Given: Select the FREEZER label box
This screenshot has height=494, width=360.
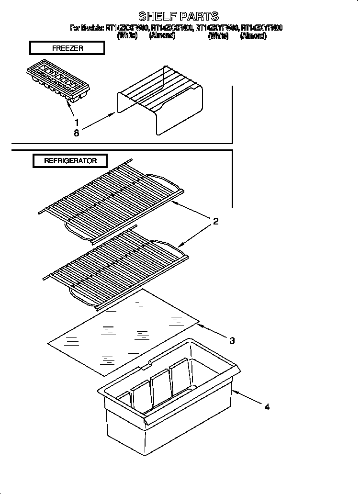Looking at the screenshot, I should (67, 48).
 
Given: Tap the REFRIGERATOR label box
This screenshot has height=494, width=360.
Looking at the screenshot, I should (70, 161).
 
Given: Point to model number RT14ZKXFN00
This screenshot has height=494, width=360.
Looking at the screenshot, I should (171, 28).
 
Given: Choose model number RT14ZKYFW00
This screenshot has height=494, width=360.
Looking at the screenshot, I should (218, 28).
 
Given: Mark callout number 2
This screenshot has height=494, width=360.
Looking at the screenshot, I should (216, 221).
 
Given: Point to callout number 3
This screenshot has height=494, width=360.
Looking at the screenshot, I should (232, 341).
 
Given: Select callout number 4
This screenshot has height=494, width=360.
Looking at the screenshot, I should (267, 407).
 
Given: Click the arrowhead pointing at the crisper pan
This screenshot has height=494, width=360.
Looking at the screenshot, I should (235, 393).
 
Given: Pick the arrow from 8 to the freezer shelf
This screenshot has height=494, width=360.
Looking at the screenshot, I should (98, 122).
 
